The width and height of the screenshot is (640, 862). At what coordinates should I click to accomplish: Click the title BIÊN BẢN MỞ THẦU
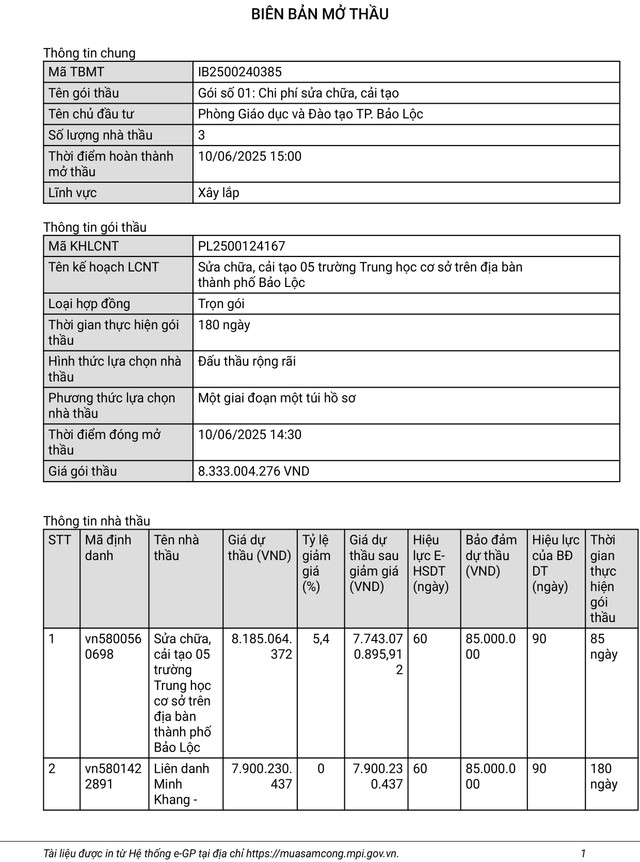[x=320, y=15]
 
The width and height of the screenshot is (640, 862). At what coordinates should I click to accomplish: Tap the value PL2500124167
[x=241, y=246]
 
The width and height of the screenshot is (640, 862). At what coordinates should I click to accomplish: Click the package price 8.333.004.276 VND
[x=254, y=471]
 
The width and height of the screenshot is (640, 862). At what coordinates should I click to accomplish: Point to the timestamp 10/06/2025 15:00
[x=250, y=156]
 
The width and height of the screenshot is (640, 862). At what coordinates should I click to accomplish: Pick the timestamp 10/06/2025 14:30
[x=250, y=434]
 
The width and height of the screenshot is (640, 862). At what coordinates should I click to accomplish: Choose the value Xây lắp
[x=219, y=192]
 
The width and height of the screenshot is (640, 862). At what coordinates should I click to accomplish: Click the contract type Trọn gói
[x=221, y=303]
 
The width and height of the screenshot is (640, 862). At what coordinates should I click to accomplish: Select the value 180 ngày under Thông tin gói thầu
[x=224, y=324]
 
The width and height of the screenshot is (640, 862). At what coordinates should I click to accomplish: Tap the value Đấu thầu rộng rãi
[x=247, y=361]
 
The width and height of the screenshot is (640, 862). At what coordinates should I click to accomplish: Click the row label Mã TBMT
[x=76, y=72]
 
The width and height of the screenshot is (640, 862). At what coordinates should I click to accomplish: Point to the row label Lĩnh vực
[x=72, y=192]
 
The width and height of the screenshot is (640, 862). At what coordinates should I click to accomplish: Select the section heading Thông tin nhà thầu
[x=96, y=520]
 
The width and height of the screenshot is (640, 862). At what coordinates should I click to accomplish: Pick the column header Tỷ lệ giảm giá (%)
[x=317, y=563]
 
